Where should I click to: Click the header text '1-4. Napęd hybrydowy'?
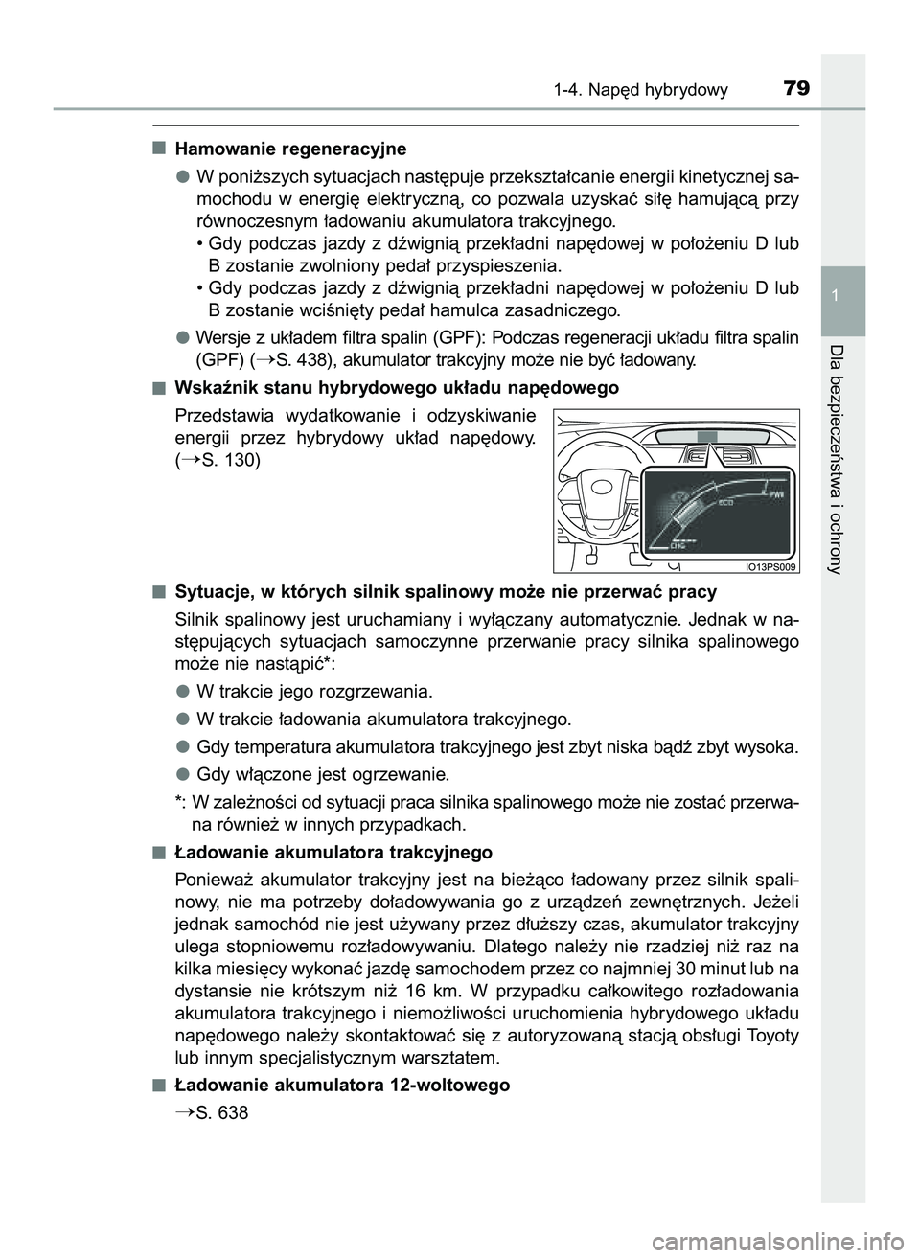coord(640,91)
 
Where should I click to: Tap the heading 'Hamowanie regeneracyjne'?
coord(290,149)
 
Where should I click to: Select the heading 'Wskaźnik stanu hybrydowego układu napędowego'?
coord(397,388)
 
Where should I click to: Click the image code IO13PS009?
coord(770,566)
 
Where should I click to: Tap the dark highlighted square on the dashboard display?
coord(706,437)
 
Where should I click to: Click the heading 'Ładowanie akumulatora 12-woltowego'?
coord(342,1086)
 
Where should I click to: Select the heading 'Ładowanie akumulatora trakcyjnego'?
coord(333,852)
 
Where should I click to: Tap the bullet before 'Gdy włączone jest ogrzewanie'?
coord(181,774)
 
